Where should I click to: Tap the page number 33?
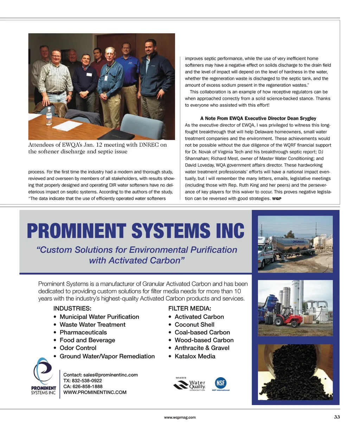pos(337,417)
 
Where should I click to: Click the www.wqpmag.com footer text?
pos(180,417)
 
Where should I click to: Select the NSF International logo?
pos(220,384)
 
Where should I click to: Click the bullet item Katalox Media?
pos(195,356)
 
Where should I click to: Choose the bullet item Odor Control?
pos(78,348)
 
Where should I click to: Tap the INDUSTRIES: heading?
pos(72,308)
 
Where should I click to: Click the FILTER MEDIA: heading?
pos(189,308)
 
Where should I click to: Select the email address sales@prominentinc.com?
pos(110,375)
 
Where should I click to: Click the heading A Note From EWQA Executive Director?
pos(258,118)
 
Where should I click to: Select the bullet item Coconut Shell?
pos(194,325)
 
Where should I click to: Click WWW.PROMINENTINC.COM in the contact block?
pos(95,392)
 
